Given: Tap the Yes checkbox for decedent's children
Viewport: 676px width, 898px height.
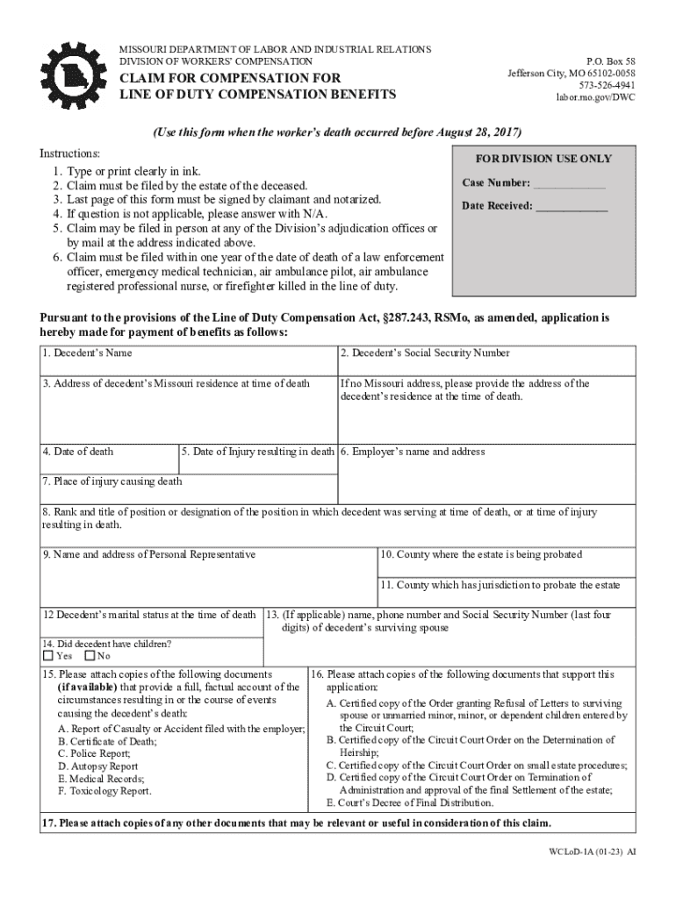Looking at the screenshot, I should point(48,656).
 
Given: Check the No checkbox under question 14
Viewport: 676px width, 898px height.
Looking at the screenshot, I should point(90,656).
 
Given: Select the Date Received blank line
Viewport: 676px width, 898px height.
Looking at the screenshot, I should point(572,206).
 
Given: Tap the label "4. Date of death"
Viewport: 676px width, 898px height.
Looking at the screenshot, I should point(78,452).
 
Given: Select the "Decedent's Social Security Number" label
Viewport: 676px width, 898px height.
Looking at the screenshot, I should point(425,353).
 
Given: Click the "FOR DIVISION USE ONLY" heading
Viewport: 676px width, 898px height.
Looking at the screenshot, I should point(543,159).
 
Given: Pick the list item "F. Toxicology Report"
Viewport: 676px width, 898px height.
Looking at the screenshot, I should point(104,790).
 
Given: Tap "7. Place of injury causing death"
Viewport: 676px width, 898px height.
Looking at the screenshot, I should point(111,481).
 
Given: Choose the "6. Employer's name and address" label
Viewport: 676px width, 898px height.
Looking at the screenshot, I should point(413,452).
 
